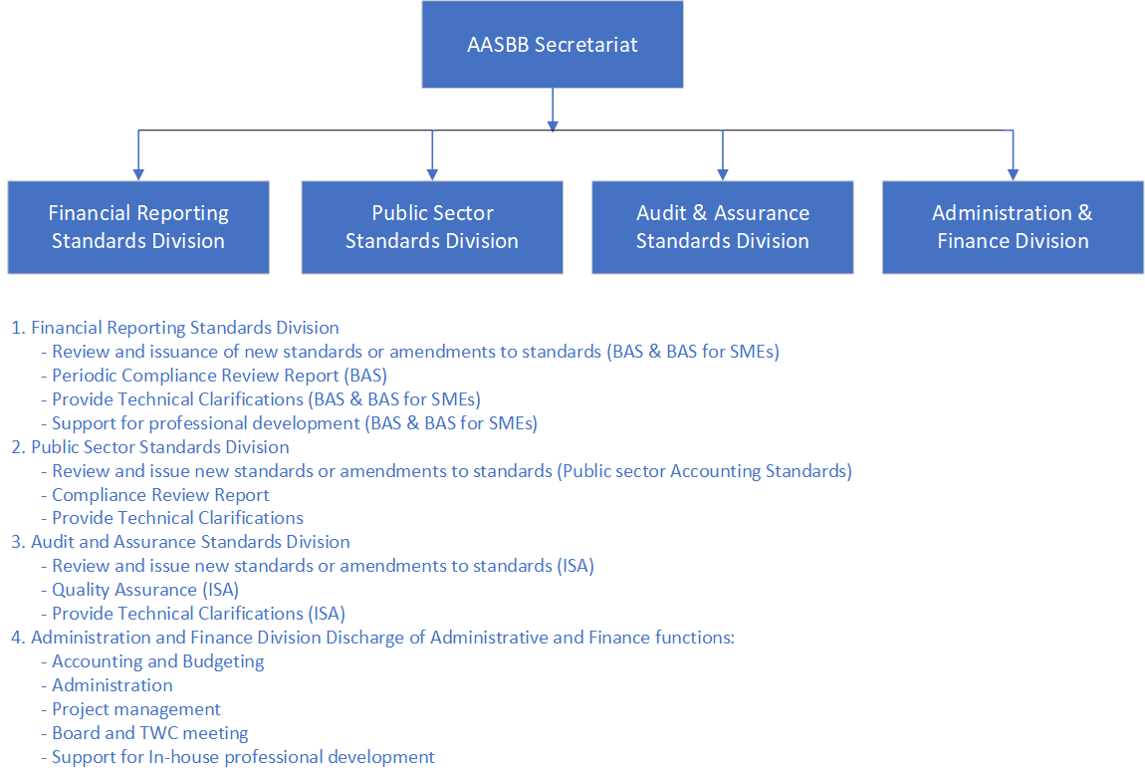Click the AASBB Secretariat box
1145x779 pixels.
coord(552,45)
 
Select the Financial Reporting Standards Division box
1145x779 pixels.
coord(138,227)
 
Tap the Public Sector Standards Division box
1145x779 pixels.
coord(432,227)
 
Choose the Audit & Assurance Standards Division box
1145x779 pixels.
coord(722,227)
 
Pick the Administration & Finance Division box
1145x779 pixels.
coord(1013,227)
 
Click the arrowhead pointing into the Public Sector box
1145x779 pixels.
coord(432,174)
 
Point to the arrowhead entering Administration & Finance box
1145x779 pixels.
coord(1013,174)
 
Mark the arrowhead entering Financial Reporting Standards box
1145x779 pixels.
coord(138,174)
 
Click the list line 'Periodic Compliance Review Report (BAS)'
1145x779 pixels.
coord(214,376)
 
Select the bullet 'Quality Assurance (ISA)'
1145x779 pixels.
coord(139,590)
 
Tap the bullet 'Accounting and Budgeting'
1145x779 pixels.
coord(152,661)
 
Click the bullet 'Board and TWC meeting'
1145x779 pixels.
coord(144,733)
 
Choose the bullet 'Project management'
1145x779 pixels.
coord(130,709)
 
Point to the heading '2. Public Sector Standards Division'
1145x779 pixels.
coord(149,447)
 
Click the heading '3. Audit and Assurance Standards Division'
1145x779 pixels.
coord(180,542)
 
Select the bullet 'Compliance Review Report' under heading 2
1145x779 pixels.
coord(154,495)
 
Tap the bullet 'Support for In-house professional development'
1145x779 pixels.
coord(237,757)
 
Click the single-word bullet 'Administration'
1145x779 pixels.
coord(107,685)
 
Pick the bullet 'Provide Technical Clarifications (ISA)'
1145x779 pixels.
coord(193,614)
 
